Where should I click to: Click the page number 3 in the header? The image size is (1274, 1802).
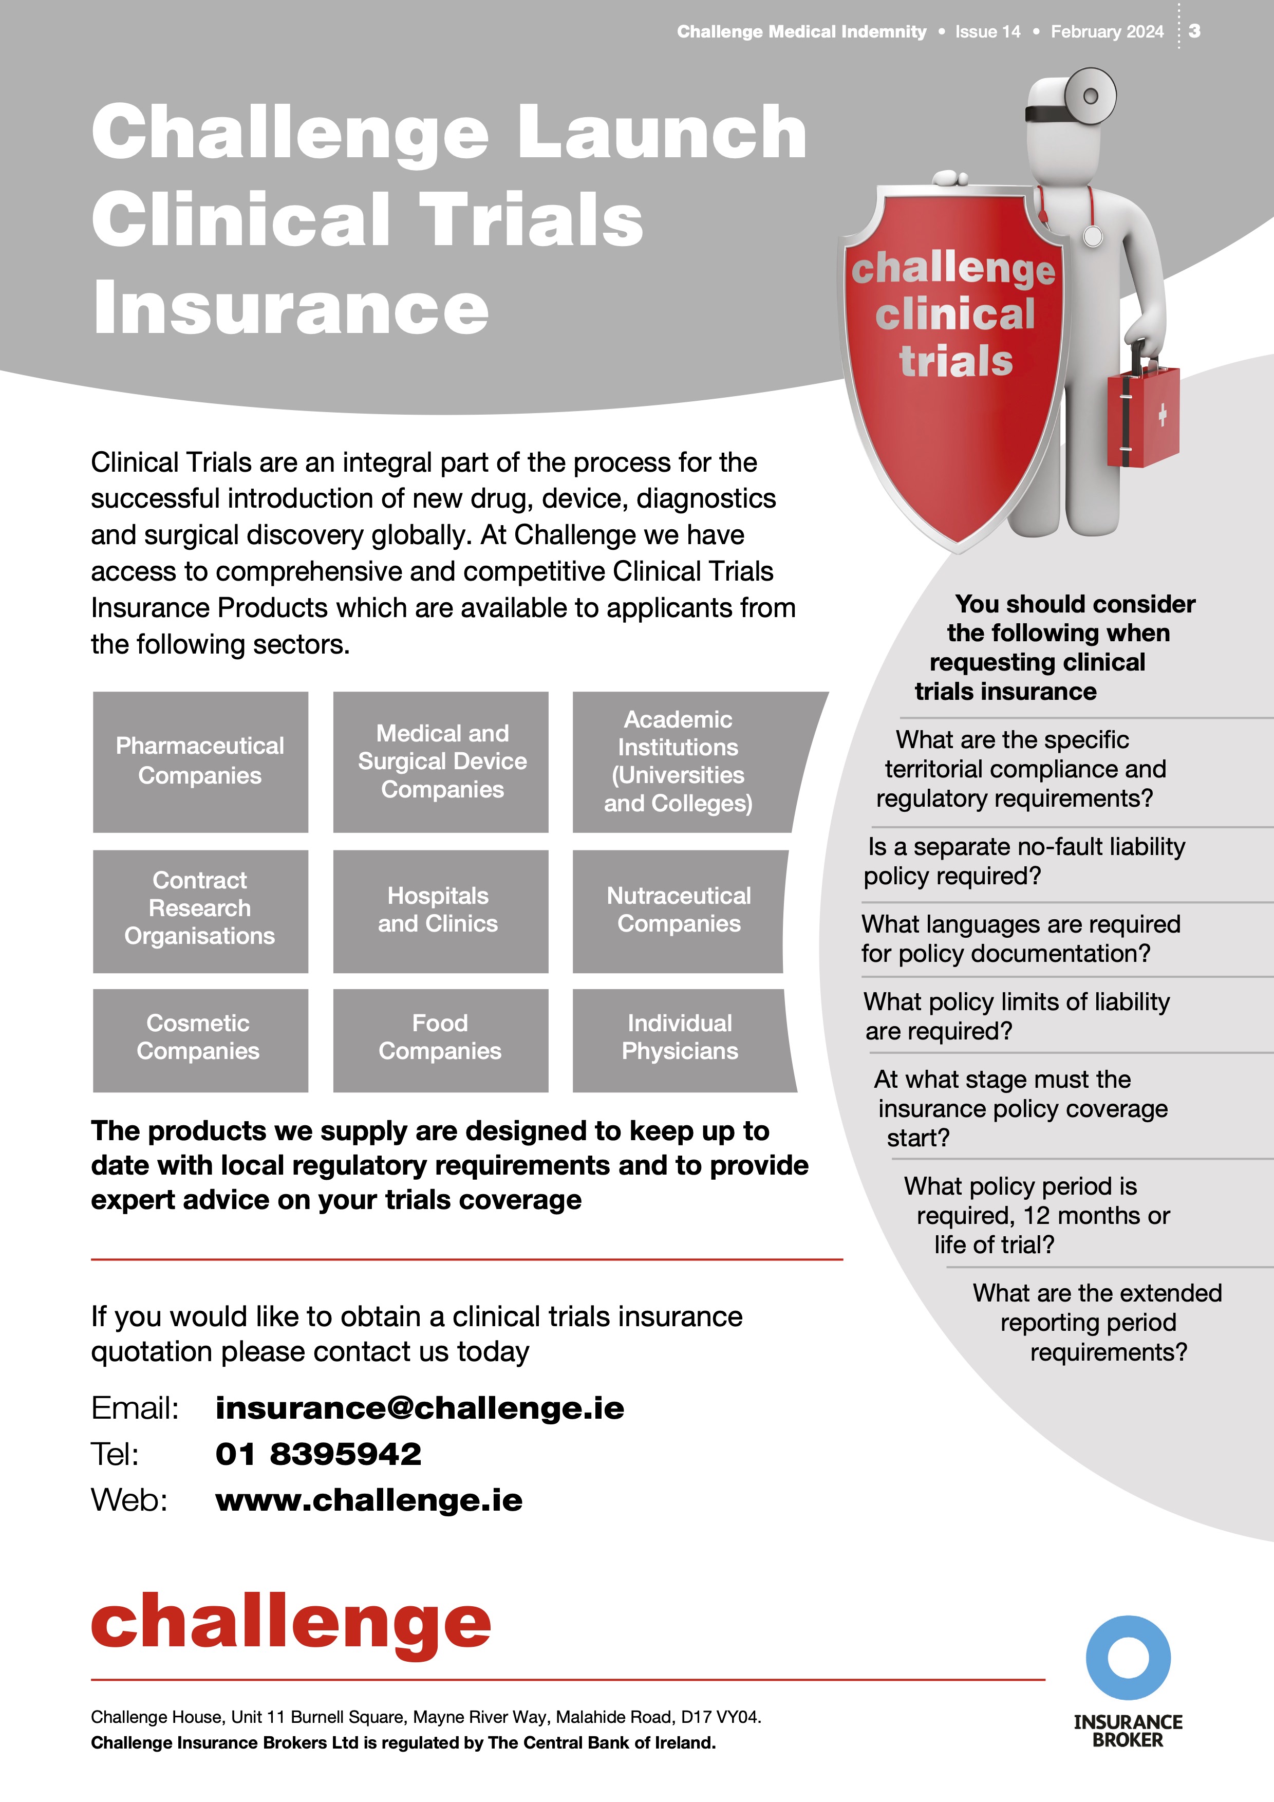[x=1194, y=31]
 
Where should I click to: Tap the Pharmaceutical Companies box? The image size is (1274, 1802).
[x=200, y=761]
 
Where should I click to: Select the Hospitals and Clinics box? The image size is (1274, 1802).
[x=439, y=911]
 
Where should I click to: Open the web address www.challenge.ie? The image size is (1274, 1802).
[x=369, y=1500]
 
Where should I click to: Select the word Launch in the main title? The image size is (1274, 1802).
[x=661, y=132]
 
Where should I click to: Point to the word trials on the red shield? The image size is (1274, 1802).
[x=955, y=362]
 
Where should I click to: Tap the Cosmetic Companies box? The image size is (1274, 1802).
[x=198, y=1037]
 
